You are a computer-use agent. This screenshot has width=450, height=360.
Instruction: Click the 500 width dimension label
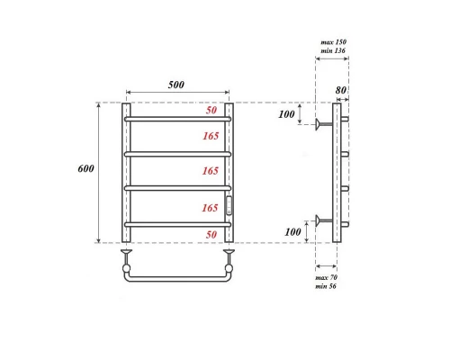pos(175,85)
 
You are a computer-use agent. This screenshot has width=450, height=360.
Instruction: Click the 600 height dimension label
pos(85,170)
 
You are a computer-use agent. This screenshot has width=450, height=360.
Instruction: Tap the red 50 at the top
pos(211,111)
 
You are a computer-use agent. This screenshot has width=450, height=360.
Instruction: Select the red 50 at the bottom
pos(211,234)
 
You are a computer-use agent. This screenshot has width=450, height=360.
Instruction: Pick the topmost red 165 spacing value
pos(211,136)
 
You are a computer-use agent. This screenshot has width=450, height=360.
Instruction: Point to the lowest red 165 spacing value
pos(211,208)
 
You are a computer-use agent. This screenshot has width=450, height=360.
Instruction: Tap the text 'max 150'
pos(333,42)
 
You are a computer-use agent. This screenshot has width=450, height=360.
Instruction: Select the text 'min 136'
pos(333,52)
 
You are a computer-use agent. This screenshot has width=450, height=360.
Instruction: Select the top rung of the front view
pos(177,118)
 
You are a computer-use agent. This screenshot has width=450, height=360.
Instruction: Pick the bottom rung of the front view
pos(177,223)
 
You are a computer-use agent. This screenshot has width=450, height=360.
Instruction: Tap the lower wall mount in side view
pos(321,219)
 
